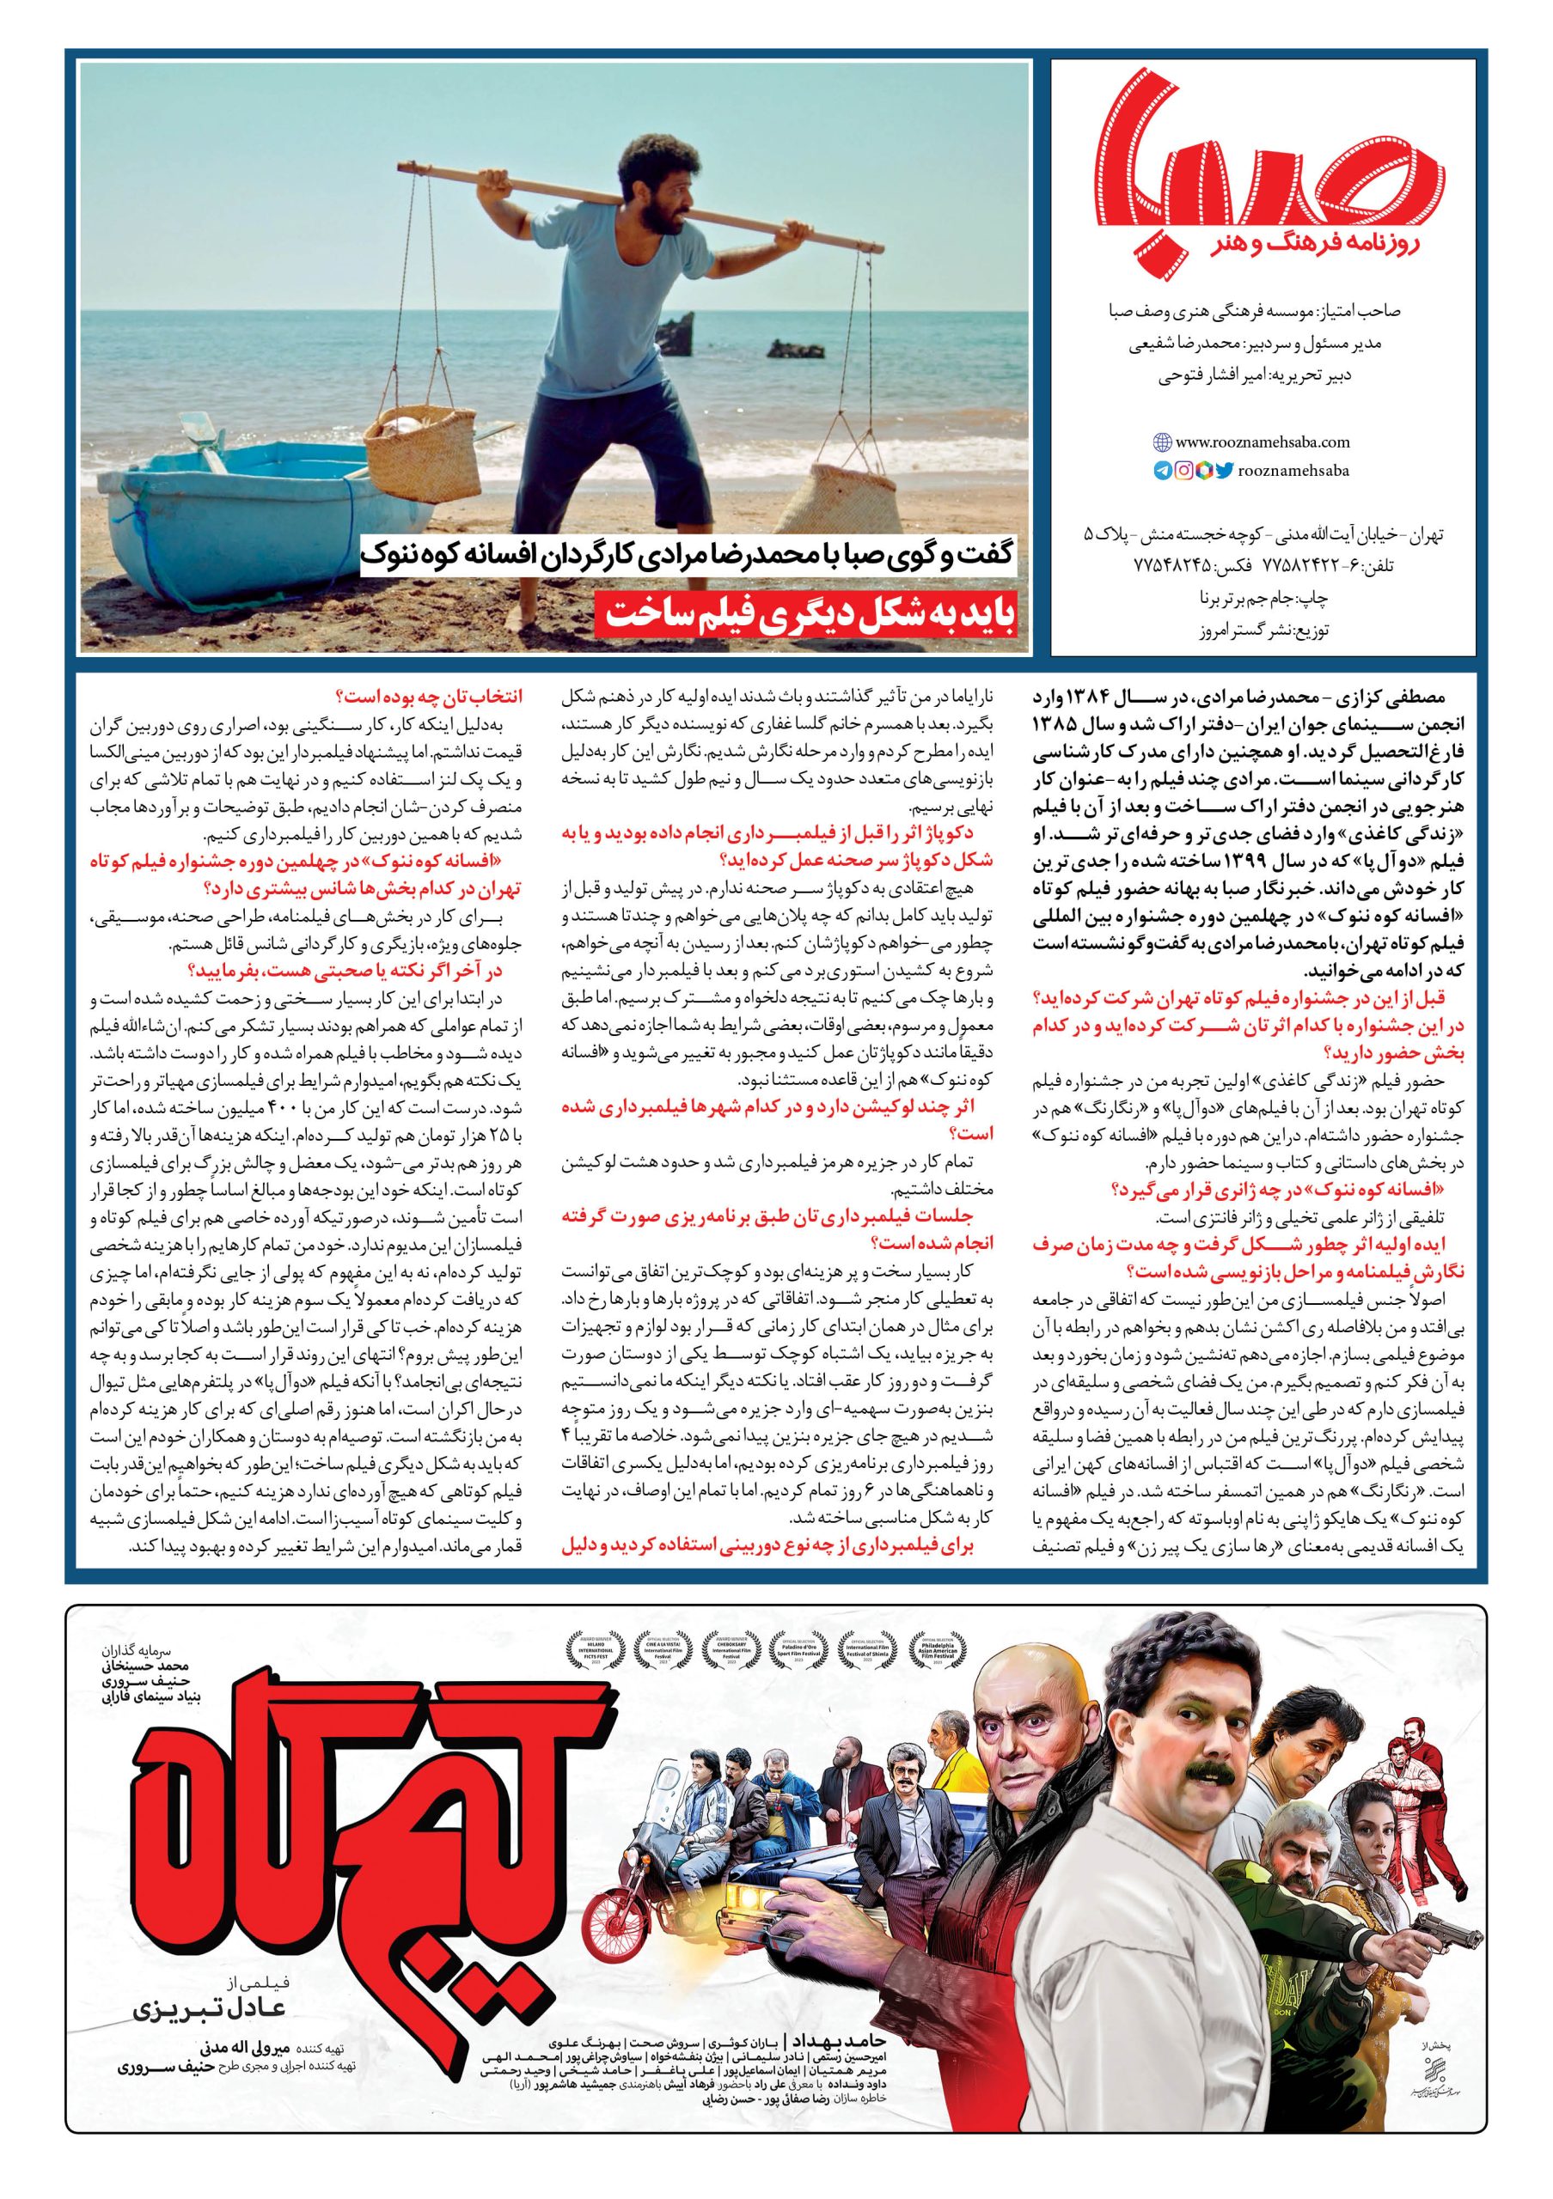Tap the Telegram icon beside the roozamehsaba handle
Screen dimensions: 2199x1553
(1163, 470)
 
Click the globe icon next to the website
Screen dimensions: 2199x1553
(1162, 442)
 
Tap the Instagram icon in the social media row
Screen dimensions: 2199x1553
(1183, 470)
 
